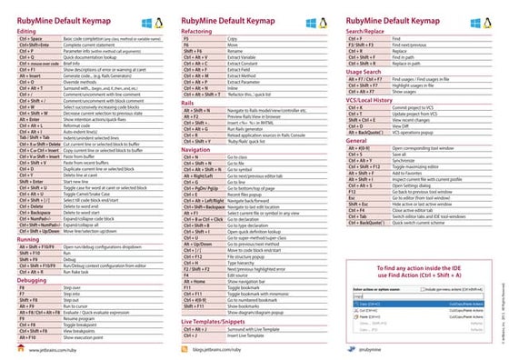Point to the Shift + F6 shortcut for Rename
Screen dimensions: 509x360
pyautogui.click(x=192, y=52)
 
